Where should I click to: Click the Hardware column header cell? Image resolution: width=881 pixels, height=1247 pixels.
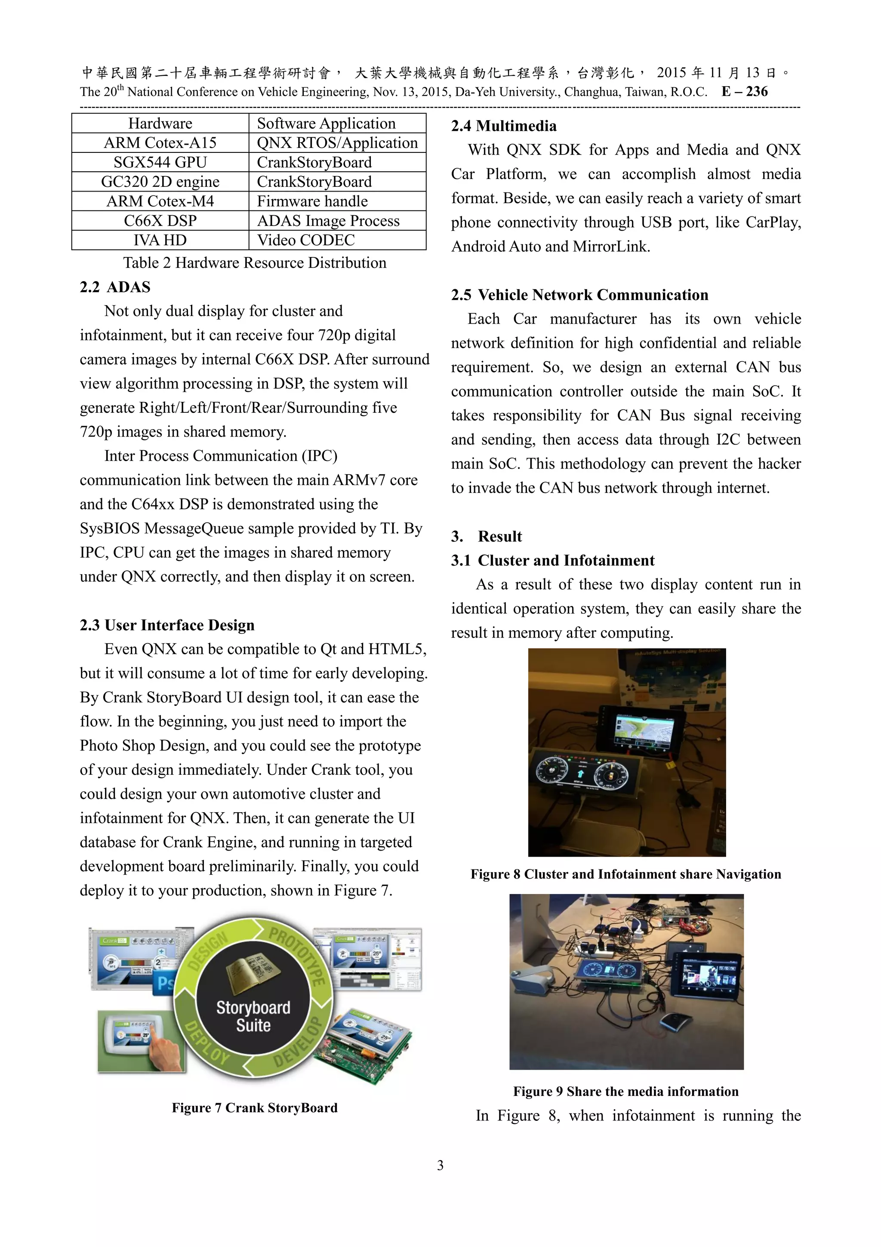tap(160, 123)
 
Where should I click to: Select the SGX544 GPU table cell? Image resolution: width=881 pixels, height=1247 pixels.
tap(160, 162)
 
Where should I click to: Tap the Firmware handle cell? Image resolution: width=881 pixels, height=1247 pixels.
tap(312, 201)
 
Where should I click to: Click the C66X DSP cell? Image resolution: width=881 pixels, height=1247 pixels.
tap(160, 220)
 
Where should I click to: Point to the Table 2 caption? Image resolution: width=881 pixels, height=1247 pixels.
tap(255, 263)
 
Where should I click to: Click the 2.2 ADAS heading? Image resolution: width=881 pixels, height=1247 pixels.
tap(115, 287)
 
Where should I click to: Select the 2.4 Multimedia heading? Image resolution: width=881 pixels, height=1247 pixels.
tap(504, 126)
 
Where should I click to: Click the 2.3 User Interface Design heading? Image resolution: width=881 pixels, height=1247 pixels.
tap(167, 625)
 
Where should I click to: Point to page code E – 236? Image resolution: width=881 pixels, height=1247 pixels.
tap(745, 91)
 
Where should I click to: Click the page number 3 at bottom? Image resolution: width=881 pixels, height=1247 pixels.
tap(440, 1165)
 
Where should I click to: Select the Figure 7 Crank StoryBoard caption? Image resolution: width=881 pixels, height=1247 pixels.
tap(255, 1108)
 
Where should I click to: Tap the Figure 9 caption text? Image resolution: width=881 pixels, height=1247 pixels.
tap(626, 1091)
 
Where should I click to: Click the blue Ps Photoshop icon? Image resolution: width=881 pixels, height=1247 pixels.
tap(164, 983)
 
